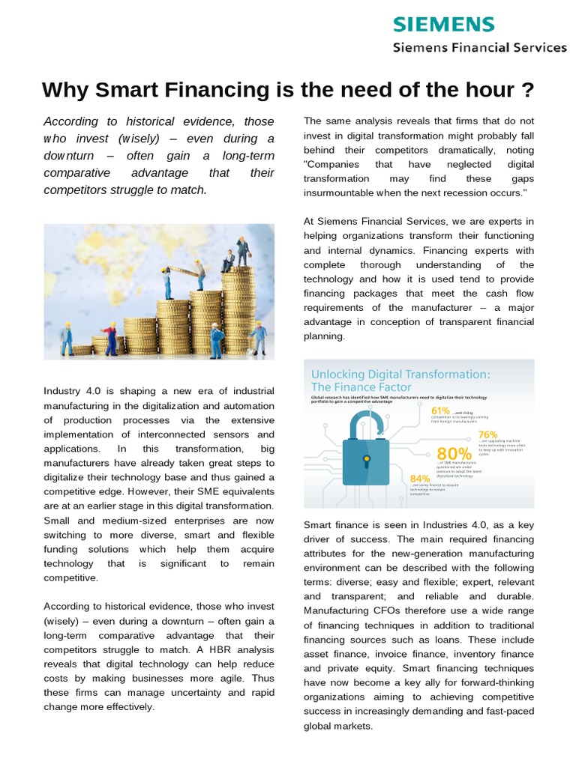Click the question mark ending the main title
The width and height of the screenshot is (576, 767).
click(527, 90)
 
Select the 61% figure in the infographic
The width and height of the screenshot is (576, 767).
click(440, 410)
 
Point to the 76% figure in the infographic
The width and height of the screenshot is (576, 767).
click(487, 434)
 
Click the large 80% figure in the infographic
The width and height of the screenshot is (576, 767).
click(454, 454)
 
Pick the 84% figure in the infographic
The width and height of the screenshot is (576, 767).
click(420, 479)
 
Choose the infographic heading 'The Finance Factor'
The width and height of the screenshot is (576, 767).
click(361, 387)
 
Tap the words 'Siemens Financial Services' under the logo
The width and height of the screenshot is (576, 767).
click(481, 48)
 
